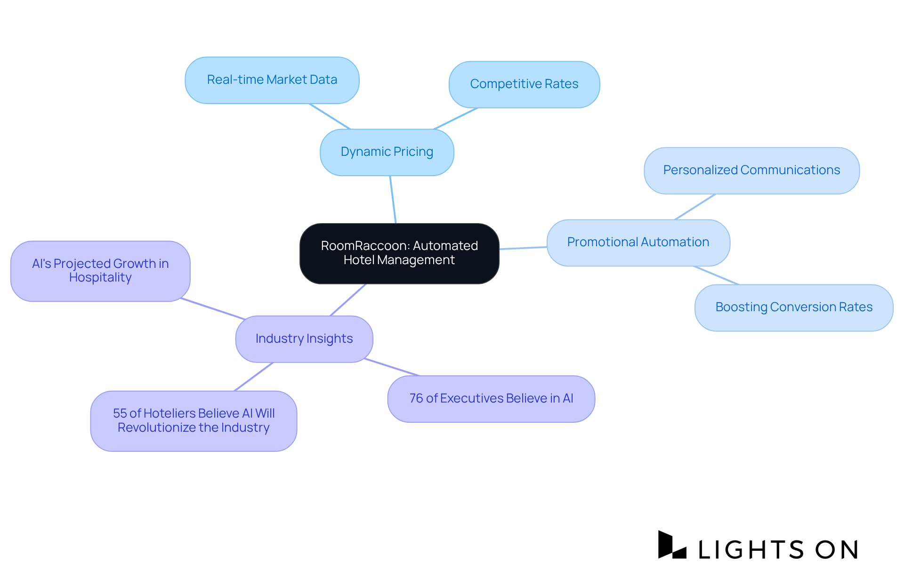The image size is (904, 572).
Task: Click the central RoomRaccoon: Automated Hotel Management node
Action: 399,253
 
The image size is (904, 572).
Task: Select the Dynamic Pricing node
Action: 387,152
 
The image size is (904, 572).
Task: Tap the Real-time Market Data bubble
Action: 272,80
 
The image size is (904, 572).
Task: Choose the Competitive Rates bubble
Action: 524,84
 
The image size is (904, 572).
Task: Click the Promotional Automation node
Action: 638,242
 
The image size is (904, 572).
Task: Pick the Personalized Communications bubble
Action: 751,170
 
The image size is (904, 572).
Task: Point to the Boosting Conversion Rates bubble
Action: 794,307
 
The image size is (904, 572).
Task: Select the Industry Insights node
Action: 304,339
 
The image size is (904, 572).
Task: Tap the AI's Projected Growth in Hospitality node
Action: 100,271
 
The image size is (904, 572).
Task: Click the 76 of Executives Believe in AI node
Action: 491,399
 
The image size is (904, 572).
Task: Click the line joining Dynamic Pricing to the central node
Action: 393,200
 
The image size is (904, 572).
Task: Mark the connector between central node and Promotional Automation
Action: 523,248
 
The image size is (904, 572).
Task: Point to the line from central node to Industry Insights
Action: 348,299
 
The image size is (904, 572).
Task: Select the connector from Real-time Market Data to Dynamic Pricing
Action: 330,116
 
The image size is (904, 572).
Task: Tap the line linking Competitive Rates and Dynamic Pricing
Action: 456,119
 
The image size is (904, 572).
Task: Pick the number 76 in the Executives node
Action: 416,399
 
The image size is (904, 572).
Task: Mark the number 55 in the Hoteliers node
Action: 120,413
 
